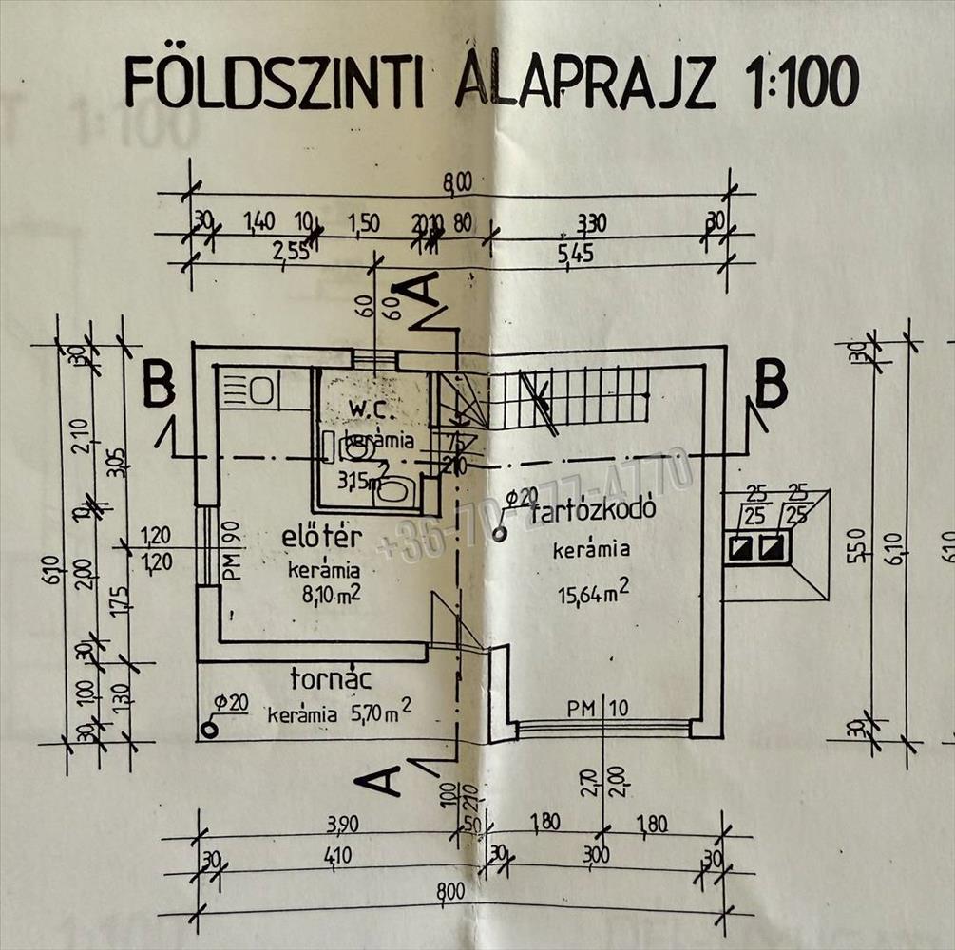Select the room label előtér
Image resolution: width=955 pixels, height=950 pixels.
coord(322,538)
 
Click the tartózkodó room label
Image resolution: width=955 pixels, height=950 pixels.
coord(594,512)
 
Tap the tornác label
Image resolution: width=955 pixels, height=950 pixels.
coord(330,680)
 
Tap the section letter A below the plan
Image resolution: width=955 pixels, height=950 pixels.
coord(377,781)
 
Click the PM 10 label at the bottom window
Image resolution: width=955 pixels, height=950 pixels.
coord(598,709)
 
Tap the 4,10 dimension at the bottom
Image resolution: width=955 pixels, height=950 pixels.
coord(336,856)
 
